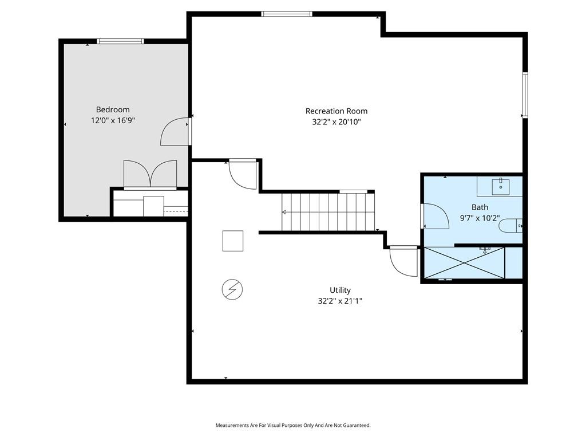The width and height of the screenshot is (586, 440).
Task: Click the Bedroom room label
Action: tap(113, 109)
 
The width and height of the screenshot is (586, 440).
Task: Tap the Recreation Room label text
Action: tap(336, 111)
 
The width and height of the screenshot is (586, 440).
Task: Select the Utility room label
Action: tap(340, 290)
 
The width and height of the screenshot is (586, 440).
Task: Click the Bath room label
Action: tap(480, 207)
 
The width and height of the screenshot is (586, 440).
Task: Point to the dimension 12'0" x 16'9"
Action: tap(113, 120)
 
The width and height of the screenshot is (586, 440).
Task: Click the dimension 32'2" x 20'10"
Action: tap(336, 122)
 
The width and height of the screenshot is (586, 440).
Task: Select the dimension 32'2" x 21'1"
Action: tap(340, 301)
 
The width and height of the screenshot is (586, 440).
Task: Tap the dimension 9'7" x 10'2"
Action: tap(480, 218)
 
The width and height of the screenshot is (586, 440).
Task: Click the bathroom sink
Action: tap(500, 187)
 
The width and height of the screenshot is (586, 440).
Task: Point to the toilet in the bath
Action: tap(510, 226)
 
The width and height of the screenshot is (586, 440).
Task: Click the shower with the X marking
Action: tap(465, 262)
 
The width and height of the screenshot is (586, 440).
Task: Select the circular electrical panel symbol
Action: tap(232, 289)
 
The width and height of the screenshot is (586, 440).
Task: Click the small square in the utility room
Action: tap(233, 241)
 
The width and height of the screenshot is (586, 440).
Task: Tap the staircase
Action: tap(328, 212)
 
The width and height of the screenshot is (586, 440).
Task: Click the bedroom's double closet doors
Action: tap(151, 174)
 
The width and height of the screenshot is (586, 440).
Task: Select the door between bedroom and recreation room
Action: tap(175, 132)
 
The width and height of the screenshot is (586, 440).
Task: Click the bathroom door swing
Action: tap(435, 216)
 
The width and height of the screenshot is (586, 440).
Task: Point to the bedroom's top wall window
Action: tap(120, 41)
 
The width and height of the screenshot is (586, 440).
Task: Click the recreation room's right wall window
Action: tap(525, 95)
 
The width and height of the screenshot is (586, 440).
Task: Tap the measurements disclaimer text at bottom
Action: tap(293, 425)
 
